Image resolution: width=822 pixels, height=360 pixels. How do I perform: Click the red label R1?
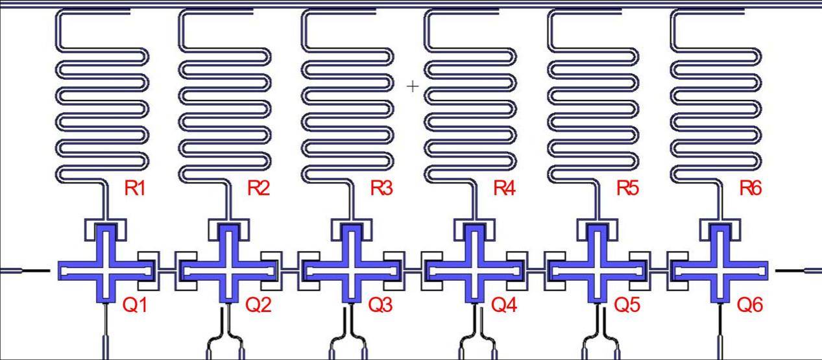point(135,188)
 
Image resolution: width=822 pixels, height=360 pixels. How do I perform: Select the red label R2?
point(258,188)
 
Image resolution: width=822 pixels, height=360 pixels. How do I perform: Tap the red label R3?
point(381,188)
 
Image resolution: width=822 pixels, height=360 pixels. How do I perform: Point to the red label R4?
point(504,188)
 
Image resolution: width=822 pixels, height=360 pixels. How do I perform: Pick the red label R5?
point(627,188)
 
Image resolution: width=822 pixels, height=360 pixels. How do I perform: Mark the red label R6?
point(751,188)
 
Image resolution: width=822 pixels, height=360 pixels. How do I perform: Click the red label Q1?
point(135,305)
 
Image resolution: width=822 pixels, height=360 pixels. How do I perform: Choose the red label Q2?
point(258,305)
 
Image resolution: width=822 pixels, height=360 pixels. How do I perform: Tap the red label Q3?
point(381,305)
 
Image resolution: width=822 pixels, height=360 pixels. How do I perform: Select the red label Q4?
point(504,305)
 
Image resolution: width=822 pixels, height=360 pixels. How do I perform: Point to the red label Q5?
point(627,305)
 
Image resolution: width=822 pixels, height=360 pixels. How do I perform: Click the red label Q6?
point(750,305)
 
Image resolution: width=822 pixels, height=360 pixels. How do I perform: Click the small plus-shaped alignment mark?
point(413,86)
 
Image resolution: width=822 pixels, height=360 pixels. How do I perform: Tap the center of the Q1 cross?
point(106,271)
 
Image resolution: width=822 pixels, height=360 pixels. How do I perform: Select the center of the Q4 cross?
point(474,271)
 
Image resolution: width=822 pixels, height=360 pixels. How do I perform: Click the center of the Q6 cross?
point(720,271)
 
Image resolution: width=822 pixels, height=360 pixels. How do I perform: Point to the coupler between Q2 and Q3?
point(290,271)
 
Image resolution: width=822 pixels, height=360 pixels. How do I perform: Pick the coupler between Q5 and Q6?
point(659,271)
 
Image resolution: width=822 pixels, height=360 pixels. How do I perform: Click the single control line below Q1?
point(106,331)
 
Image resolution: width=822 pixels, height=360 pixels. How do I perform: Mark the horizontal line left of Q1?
point(25,271)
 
